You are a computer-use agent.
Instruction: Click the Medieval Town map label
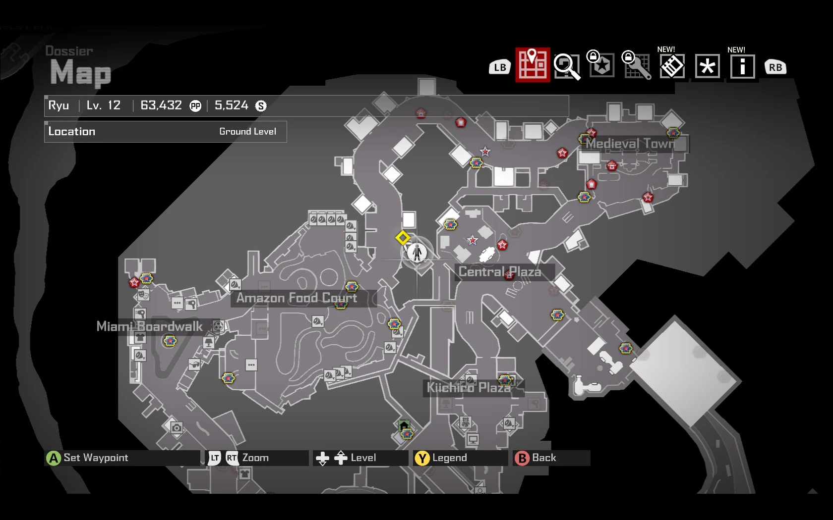pyautogui.click(x=630, y=144)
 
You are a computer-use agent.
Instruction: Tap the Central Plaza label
pyautogui.click(x=499, y=272)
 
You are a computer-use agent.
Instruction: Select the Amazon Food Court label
pyautogui.click(x=297, y=298)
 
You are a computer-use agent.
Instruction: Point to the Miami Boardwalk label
pyautogui.click(x=149, y=326)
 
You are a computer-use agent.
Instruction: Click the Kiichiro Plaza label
pyautogui.click(x=469, y=387)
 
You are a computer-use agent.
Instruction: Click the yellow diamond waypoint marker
pyautogui.click(x=403, y=238)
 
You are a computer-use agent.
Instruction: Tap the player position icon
pyautogui.click(x=417, y=253)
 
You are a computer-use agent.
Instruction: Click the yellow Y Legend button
pyautogui.click(x=422, y=458)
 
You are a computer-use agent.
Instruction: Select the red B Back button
pyautogui.click(x=522, y=458)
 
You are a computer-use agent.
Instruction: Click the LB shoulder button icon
pyautogui.click(x=500, y=67)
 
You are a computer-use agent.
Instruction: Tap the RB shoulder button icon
pyautogui.click(x=775, y=67)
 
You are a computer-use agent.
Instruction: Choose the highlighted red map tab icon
pyautogui.click(x=533, y=65)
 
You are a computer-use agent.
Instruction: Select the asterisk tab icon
pyautogui.click(x=707, y=66)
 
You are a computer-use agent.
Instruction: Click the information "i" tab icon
pyautogui.click(x=742, y=66)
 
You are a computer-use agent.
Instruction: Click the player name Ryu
pyautogui.click(x=59, y=105)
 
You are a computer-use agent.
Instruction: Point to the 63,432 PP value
pyautogui.click(x=161, y=105)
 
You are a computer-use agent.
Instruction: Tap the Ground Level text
pyautogui.click(x=247, y=132)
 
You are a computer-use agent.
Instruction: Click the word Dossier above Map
pyautogui.click(x=69, y=51)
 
